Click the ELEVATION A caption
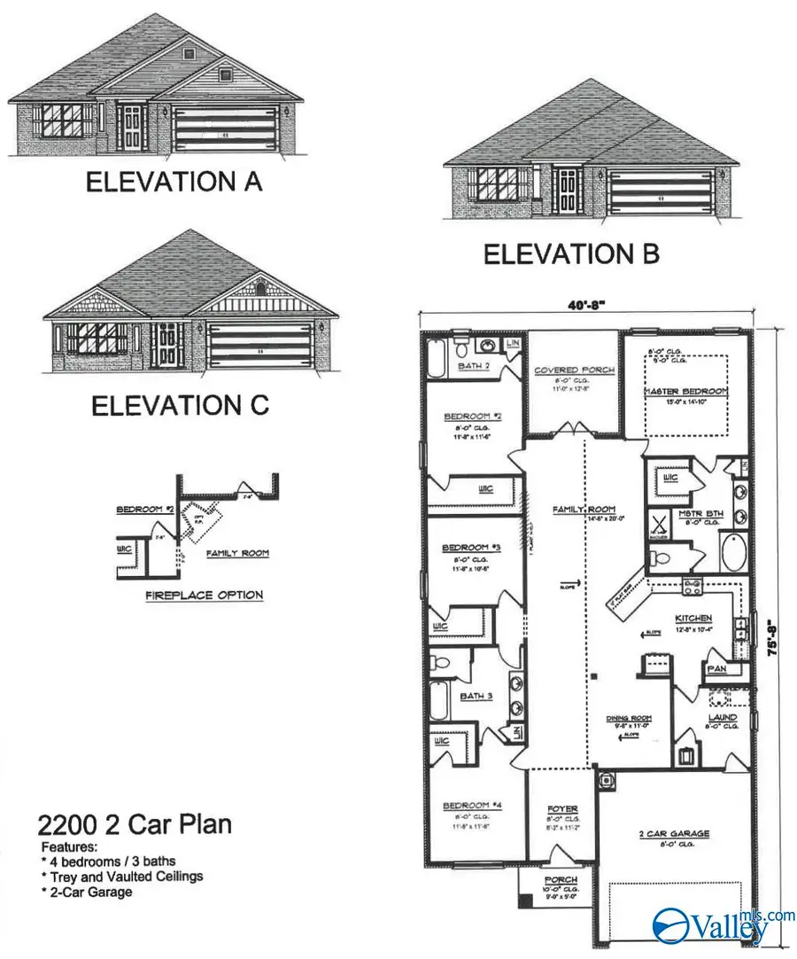click(174, 182)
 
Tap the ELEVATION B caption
click(571, 253)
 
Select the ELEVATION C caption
click(180, 405)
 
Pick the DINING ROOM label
click(630, 719)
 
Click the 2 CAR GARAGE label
click(675, 833)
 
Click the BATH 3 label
click(476, 696)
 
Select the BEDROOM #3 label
click(471, 549)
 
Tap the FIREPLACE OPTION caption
click(204, 595)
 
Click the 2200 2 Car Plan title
click(135, 824)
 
